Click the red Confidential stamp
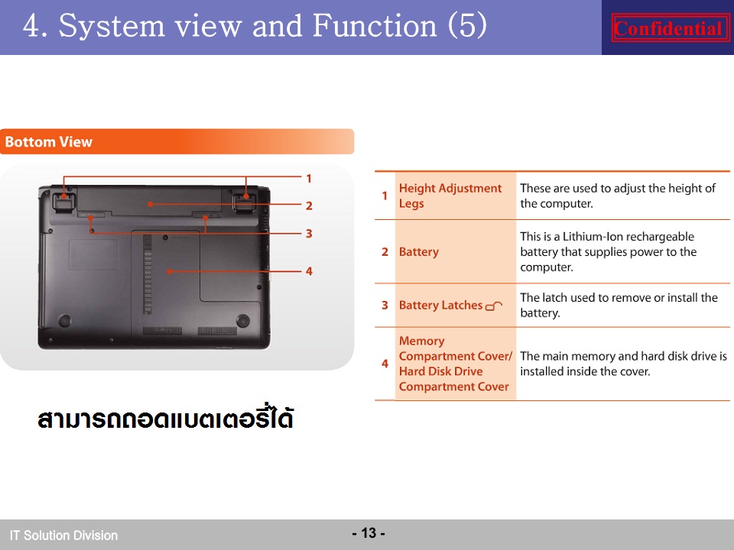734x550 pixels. [x=670, y=28]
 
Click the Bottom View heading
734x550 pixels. [x=49, y=142]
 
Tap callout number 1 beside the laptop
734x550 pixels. [x=308, y=178]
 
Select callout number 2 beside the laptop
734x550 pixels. [x=309, y=205]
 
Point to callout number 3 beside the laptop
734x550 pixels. [x=309, y=234]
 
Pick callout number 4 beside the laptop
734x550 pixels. [x=309, y=270]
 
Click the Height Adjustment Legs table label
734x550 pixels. [x=450, y=196]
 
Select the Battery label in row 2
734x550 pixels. [x=418, y=251]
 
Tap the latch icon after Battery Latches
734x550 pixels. [x=494, y=306]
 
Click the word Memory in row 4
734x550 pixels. [x=421, y=341]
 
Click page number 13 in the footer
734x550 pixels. [x=369, y=532]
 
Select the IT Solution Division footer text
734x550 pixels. [x=63, y=535]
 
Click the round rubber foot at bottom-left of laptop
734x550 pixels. [x=64, y=320]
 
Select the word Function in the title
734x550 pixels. [x=374, y=25]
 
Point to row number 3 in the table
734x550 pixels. [x=385, y=305]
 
